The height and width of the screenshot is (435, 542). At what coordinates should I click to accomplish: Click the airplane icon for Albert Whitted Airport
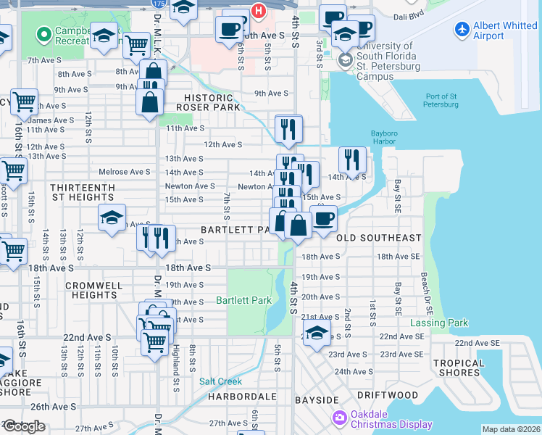pyautogui.click(x=462, y=30)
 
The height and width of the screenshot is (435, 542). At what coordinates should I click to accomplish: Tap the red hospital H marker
pyautogui.click(x=257, y=10)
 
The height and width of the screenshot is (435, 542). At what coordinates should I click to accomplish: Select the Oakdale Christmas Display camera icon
pyautogui.click(x=339, y=418)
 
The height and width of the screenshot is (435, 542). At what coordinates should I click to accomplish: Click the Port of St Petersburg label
pyautogui.click(x=441, y=100)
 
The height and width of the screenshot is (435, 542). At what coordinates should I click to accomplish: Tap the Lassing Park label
pyautogui.click(x=439, y=323)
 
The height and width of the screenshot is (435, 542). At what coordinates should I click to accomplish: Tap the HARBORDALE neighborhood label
pyautogui.click(x=242, y=397)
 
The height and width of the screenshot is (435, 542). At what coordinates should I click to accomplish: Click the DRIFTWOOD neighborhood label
pyautogui.click(x=387, y=395)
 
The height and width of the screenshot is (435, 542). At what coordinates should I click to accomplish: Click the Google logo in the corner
pyautogui.click(x=23, y=426)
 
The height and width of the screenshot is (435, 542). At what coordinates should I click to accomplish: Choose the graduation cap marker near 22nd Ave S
pyautogui.click(x=317, y=333)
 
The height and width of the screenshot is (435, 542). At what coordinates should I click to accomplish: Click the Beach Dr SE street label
pyautogui.click(x=425, y=289)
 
